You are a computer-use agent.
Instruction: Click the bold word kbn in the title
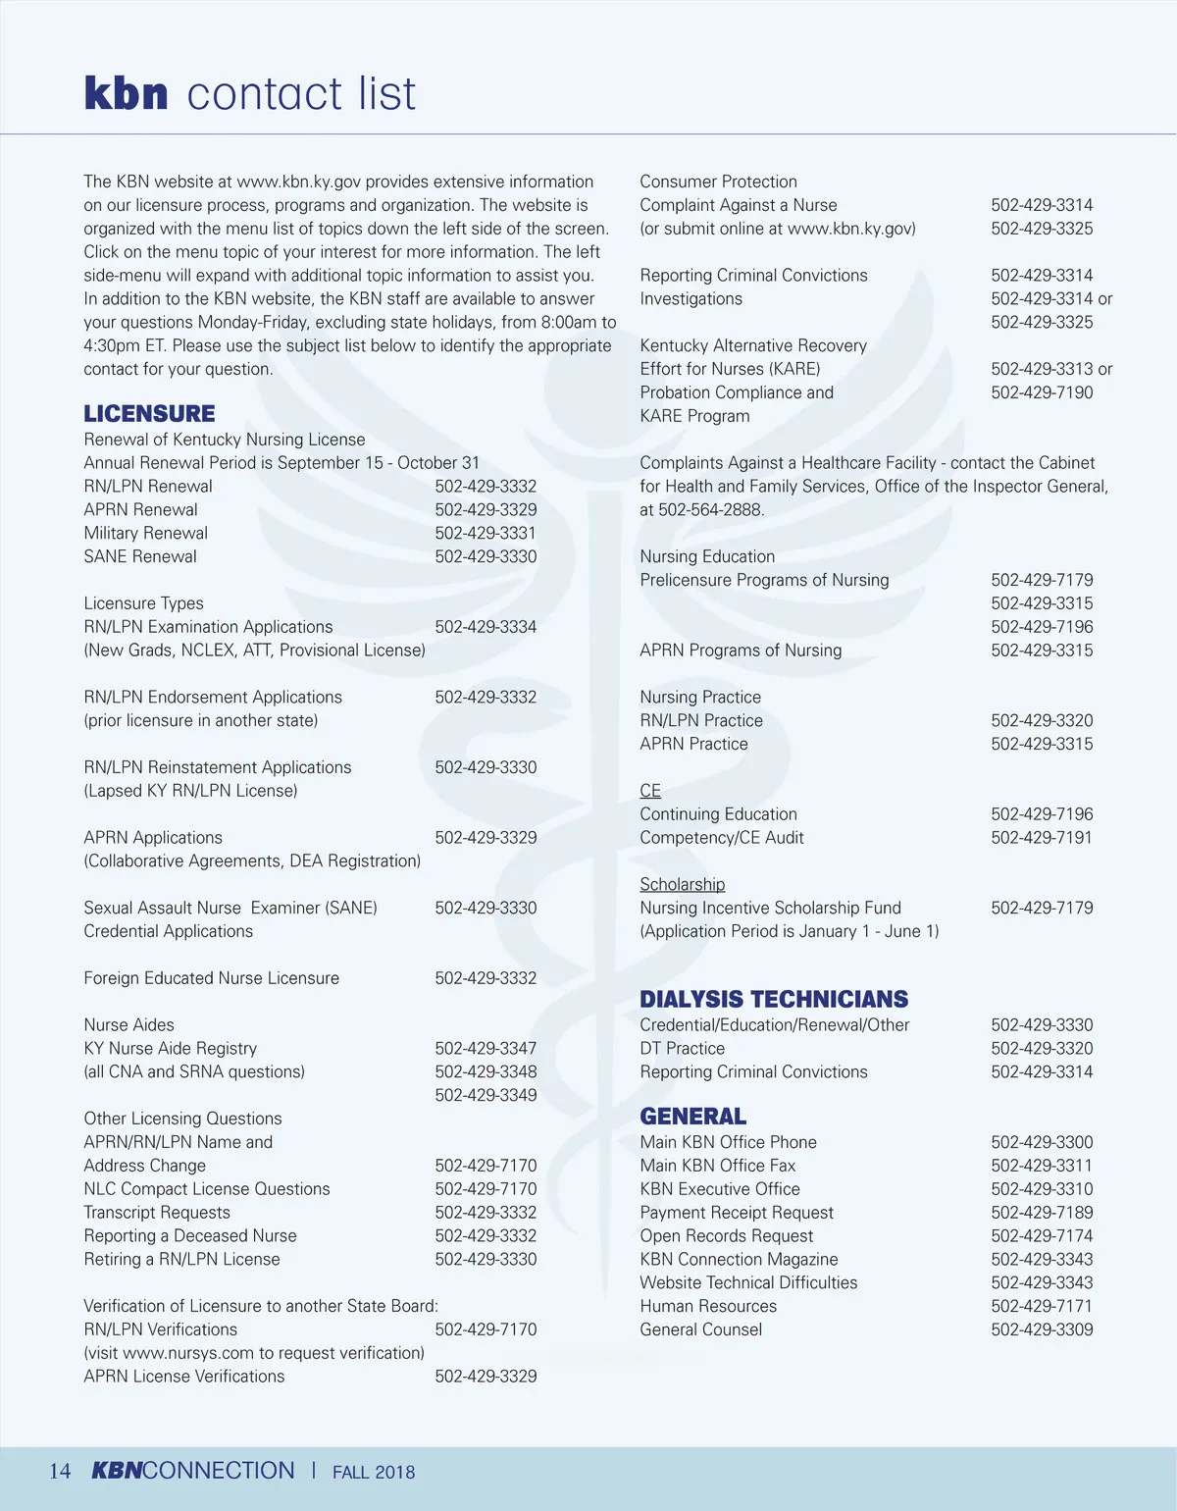[126, 93]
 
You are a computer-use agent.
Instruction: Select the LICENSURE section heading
[149, 413]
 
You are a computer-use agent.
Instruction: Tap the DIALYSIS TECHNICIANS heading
[774, 999]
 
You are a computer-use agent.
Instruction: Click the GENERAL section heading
[692, 1117]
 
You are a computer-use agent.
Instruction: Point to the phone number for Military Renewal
[486, 533]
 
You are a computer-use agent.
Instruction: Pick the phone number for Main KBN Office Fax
[1042, 1166]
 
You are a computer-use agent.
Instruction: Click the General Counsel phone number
[1042, 1329]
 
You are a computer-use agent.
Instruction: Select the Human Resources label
[708, 1306]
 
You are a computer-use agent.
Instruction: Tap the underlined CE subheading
[650, 791]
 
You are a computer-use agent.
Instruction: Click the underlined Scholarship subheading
[683, 884]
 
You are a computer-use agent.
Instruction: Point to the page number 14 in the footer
[60, 1471]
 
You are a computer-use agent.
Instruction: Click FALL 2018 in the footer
[374, 1472]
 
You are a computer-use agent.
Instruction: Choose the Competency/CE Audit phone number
[1042, 837]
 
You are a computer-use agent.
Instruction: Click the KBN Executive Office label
[720, 1189]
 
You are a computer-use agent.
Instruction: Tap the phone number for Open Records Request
[1042, 1235]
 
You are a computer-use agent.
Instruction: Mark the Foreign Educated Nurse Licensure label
[212, 978]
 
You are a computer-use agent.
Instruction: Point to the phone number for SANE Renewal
[486, 556]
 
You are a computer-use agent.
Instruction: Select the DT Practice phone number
[1042, 1048]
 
